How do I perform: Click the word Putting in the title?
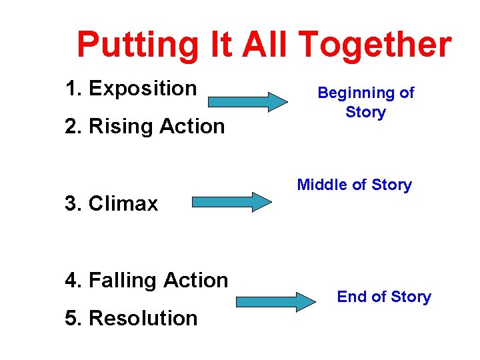137,45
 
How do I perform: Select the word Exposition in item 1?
143,88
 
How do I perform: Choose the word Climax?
123,203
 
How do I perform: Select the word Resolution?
143,318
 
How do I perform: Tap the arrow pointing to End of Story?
276,301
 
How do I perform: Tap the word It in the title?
219,45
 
